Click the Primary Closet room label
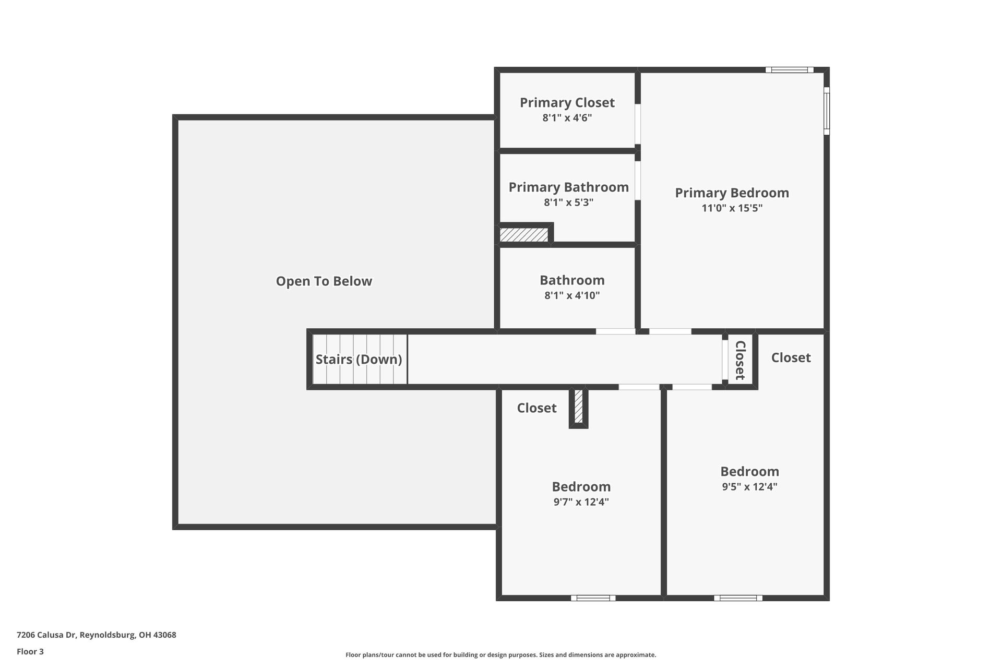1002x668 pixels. click(x=567, y=102)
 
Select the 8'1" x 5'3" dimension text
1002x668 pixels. click(x=568, y=202)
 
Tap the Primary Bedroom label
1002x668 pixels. click(x=732, y=193)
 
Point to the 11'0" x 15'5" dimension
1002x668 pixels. click(x=732, y=208)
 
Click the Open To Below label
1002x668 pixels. click(x=324, y=281)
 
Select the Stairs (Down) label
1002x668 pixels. click(x=359, y=359)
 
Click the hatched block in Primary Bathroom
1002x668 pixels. click(x=524, y=235)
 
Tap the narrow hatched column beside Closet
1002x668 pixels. click(x=578, y=407)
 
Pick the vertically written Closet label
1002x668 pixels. click(x=740, y=360)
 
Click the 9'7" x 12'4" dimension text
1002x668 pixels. click(x=581, y=502)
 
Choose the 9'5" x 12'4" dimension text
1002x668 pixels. click(x=749, y=487)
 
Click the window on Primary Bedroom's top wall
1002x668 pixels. click(x=789, y=70)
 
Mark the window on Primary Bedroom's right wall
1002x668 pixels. click(x=827, y=111)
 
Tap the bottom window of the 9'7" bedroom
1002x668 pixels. click(x=593, y=598)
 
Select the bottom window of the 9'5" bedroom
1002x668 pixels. click(x=738, y=598)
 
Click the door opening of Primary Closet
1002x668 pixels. click(x=638, y=124)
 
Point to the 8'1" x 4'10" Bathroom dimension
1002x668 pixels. click(x=572, y=295)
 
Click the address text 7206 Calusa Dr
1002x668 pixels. click(x=96, y=635)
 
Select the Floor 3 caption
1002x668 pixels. click(x=30, y=651)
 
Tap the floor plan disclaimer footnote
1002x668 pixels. click(x=500, y=655)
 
